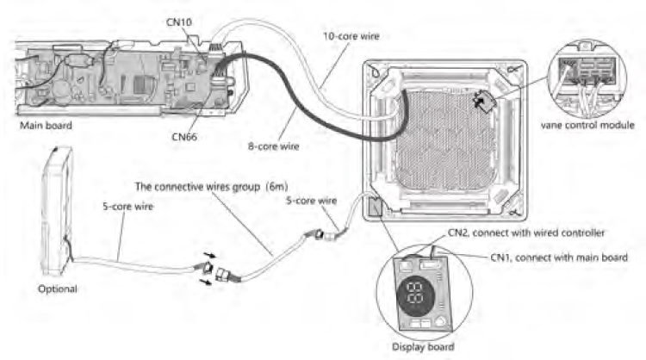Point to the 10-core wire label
coord(352,35)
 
